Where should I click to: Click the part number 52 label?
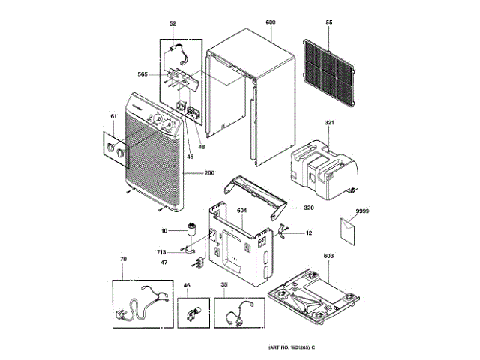click(172, 24)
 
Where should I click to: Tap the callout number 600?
click(271, 24)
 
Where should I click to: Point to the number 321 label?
click(328, 122)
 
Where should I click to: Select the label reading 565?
click(142, 74)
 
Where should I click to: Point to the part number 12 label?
click(309, 234)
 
